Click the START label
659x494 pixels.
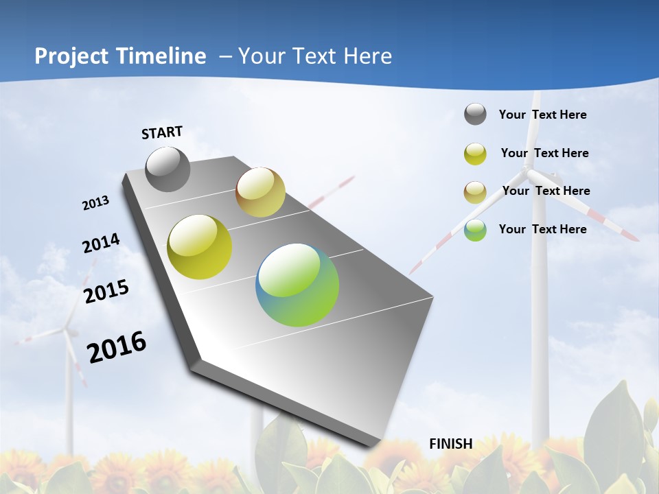click(x=162, y=132)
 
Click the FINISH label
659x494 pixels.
click(x=450, y=443)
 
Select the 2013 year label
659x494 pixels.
click(x=95, y=203)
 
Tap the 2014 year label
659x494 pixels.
click(x=101, y=244)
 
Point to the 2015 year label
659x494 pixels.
click(x=106, y=292)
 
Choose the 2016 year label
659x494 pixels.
click(x=117, y=347)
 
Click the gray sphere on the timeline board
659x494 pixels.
click(x=167, y=169)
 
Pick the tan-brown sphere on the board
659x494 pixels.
click(x=260, y=192)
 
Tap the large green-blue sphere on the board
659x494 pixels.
click(x=297, y=285)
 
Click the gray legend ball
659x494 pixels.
click(x=475, y=114)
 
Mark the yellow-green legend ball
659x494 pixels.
click(x=475, y=154)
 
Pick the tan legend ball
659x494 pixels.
click(x=475, y=192)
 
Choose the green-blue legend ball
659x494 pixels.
click(x=475, y=230)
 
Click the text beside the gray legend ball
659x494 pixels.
click(x=542, y=115)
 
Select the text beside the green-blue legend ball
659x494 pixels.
click(x=542, y=229)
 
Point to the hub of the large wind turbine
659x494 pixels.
click(x=527, y=167)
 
